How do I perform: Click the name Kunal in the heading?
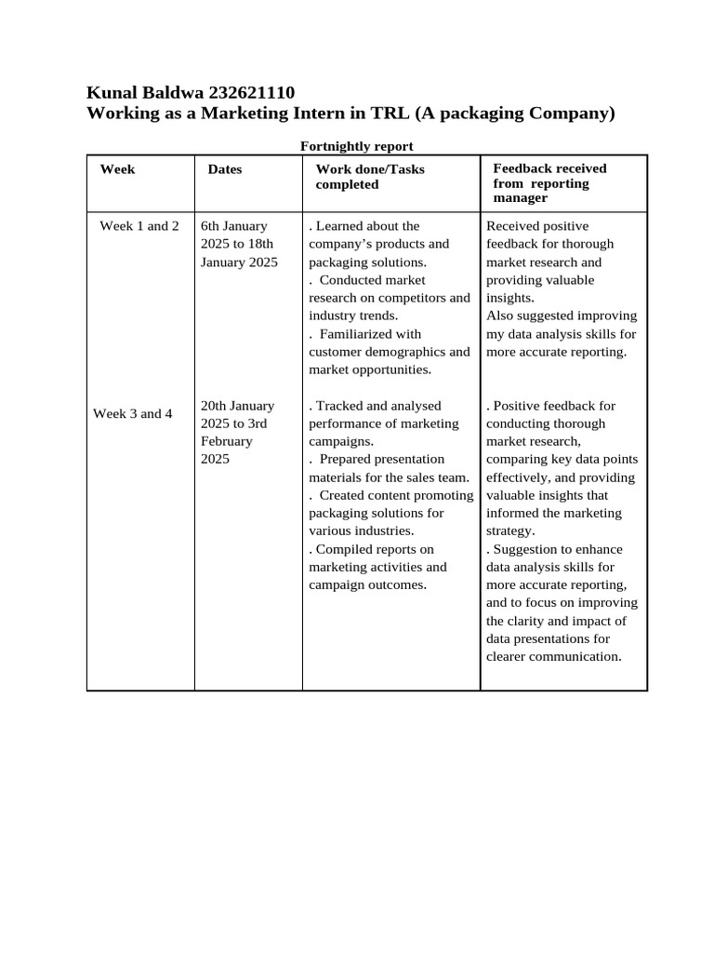point(112,92)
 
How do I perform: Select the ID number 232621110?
point(252,92)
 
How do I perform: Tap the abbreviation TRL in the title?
point(391,114)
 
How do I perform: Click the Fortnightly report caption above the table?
point(357,146)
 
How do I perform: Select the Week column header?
point(117,168)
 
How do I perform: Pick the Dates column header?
point(225,169)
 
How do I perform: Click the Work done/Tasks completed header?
point(370,176)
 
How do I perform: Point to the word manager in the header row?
point(521,198)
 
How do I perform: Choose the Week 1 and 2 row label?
point(139,225)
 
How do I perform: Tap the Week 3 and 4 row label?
point(133,413)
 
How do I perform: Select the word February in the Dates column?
point(226,441)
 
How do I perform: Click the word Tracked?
point(339,406)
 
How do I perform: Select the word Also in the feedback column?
point(502,315)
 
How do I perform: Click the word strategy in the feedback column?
point(509,531)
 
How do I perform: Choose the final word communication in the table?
point(575,656)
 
